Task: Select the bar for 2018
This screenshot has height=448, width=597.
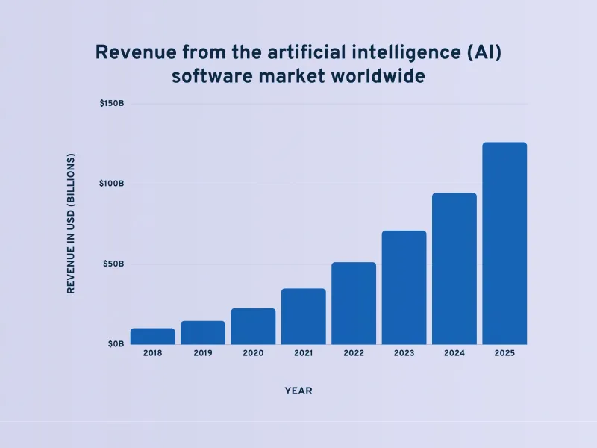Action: [152, 337]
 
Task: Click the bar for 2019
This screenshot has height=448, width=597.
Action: [203, 333]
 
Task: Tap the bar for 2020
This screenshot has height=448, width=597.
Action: [253, 326]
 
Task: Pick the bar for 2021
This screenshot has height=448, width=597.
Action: [303, 317]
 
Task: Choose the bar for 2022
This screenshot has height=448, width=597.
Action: [354, 303]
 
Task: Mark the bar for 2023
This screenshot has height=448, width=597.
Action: [404, 287]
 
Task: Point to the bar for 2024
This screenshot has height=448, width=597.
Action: [454, 269]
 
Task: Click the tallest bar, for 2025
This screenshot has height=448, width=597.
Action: [504, 243]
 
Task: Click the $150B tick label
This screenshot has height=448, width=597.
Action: [111, 103]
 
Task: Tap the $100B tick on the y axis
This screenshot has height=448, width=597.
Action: [111, 184]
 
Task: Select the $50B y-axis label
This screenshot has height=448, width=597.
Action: [113, 264]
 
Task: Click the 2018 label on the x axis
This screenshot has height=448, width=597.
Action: [152, 353]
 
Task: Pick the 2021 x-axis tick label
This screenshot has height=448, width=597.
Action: [303, 353]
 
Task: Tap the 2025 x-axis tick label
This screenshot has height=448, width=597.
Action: [504, 353]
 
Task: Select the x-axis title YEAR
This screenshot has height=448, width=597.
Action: [298, 391]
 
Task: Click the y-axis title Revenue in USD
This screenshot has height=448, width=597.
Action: [72, 223]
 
